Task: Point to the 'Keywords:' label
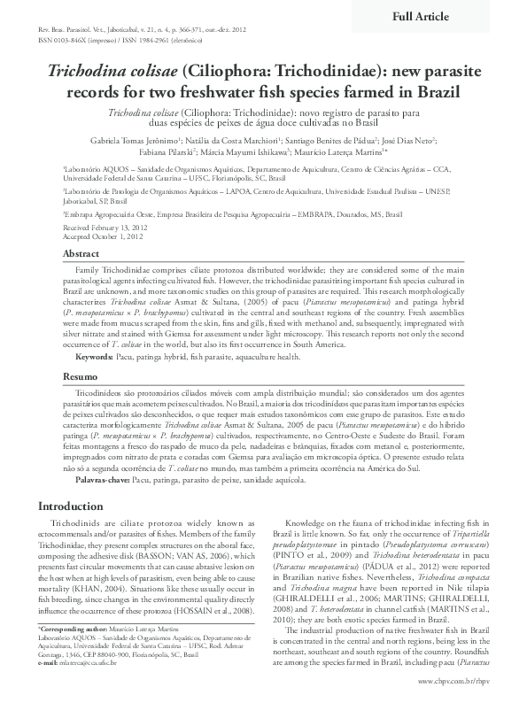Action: [x=95, y=356]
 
